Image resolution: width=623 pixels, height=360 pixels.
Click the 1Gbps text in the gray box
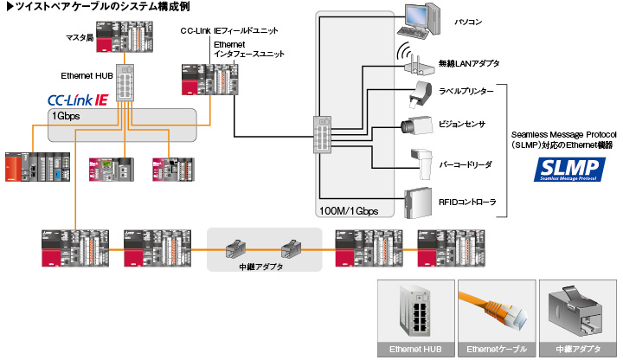(68, 116)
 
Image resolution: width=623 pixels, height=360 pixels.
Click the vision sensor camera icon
(418, 124)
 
